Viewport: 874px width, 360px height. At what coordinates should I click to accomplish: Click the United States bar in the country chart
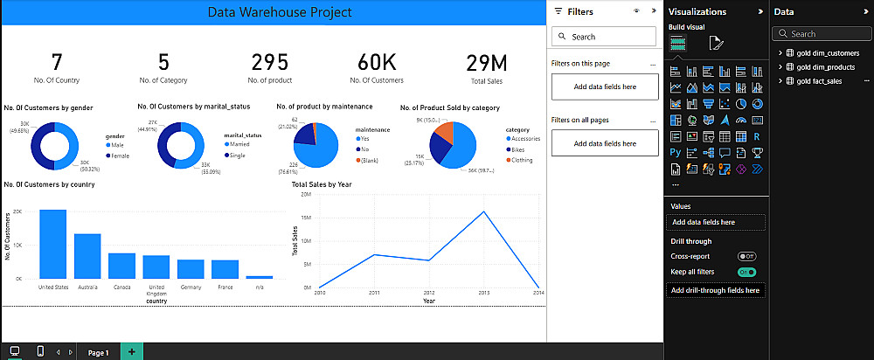point(52,244)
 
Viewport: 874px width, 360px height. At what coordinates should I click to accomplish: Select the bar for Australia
point(87,255)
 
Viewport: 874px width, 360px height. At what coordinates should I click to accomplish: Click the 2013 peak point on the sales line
point(483,211)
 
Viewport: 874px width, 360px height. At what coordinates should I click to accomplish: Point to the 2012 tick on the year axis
point(428,293)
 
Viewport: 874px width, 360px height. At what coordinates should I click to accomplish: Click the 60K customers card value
point(377,63)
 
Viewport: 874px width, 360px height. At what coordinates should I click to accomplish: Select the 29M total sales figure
point(487,63)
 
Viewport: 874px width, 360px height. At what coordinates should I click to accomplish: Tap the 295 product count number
point(269,63)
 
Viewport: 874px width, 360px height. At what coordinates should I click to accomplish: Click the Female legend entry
point(119,155)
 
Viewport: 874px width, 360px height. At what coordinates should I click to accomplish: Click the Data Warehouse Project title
point(280,12)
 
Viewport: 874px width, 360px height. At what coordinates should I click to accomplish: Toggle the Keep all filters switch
point(746,272)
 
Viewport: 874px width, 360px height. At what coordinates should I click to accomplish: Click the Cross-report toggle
point(746,256)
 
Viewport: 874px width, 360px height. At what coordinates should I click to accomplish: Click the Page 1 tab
point(97,352)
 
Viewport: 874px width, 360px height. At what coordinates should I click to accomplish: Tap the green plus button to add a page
point(131,351)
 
